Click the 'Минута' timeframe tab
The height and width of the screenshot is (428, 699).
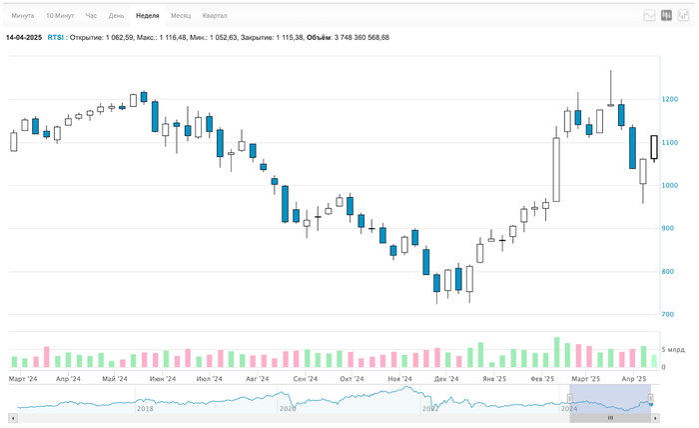(23, 16)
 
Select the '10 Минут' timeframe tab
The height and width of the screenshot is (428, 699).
(60, 16)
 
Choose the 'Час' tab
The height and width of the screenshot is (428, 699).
(92, 16)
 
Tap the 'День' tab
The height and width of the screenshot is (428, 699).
(117, 16)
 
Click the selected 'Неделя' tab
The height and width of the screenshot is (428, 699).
(147, 16)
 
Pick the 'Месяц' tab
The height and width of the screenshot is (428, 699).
(181, 16)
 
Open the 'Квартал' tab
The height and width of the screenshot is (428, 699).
(215, 16)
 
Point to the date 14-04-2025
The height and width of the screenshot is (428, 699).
(23, 37)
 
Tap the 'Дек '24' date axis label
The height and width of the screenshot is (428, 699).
(445, 380)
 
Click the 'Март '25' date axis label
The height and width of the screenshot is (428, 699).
(586, 380)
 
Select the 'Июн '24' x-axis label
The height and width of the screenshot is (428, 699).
(163, 380)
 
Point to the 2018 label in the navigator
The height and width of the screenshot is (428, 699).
(146, 408)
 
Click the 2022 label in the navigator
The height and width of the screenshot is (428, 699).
(430, 408)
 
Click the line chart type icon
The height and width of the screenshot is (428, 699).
(649, 16)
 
